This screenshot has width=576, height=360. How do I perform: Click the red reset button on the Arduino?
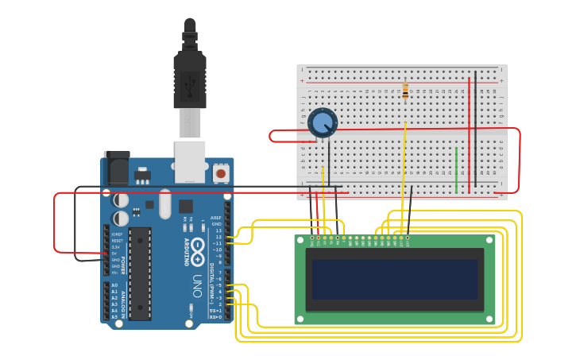point(221,172)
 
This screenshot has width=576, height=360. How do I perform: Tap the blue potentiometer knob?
point(323,122)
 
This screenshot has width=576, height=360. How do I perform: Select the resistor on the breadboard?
point(405,91)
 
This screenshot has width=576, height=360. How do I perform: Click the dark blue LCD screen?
point(395,279)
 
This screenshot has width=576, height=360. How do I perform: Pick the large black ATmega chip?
point(140,273)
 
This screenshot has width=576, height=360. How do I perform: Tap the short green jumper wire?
point(456,169)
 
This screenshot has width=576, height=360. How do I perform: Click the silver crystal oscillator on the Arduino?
point(165,203)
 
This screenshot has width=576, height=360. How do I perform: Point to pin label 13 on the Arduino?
point(218,230)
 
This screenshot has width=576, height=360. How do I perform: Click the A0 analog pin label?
point(114,285)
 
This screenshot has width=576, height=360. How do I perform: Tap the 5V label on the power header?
point(116,254)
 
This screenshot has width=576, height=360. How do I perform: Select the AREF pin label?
point(216,218)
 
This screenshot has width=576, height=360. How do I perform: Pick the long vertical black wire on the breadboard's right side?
point(475,131)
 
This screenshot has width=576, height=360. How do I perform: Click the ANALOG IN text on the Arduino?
point(123,300)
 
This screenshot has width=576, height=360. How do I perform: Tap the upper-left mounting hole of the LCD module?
point(300,240)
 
